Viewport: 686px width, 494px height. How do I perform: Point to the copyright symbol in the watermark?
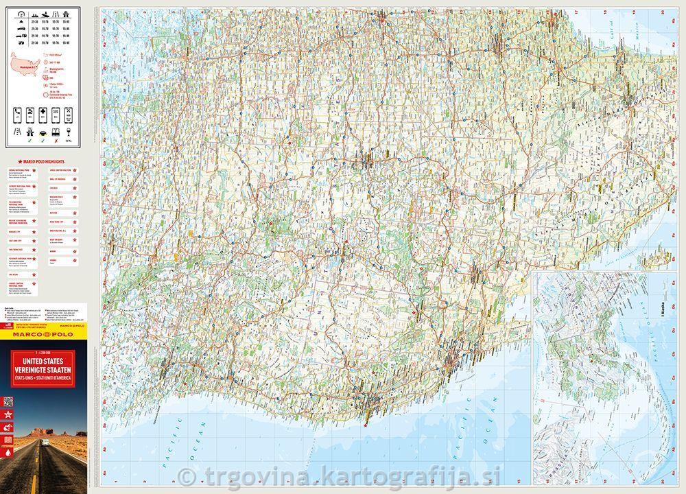click(x=185, y=476)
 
